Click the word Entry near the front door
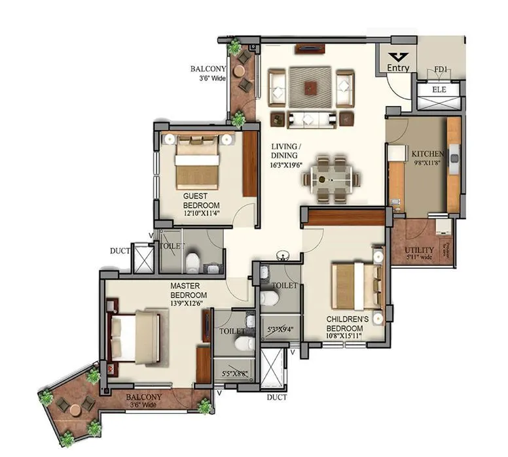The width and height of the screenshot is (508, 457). [x=398, y=68]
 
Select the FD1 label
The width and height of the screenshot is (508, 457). [x=441, y=69]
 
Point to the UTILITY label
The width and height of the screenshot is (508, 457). [x=418, y=250]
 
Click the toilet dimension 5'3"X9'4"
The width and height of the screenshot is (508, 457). [x=280, y=330]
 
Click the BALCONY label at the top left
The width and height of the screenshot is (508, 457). [x=208, y=69]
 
